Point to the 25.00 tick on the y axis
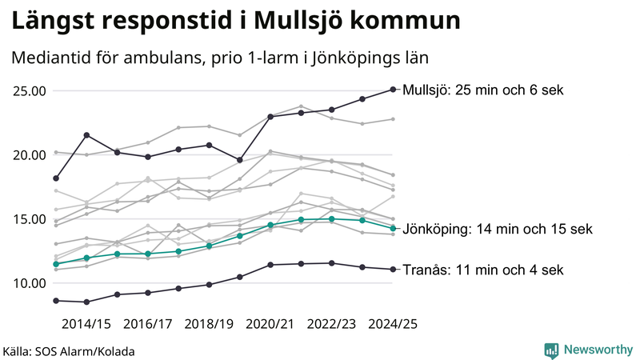click(x=27, y=90)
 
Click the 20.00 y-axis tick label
click(x=27, y=154)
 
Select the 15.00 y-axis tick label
click(x=27, y=218)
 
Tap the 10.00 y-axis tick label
click(x=27, y=282)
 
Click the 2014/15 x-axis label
click(x=86, y=324)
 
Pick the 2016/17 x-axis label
click(x=147, y=324)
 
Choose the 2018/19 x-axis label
click(x=209, y=324)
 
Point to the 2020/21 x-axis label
click(x=270, y=324)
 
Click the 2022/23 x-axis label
click(x=332, y=324)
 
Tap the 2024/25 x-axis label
click(x=393, y=324)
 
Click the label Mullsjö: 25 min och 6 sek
click(x=484, y=90)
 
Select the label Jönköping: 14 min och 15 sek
click(x=498, y=229)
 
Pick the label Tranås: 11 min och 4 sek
click(x=482, y=270)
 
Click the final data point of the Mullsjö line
click(x=393, y=90)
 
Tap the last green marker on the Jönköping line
click(x=393, y=229)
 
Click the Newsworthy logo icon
click(x=551, y=350)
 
